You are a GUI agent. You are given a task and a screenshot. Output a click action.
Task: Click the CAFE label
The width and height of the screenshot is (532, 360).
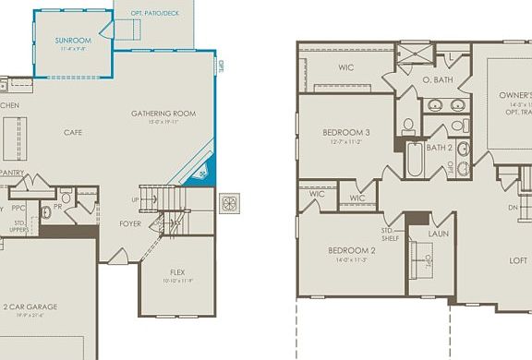click(x=73, y=133)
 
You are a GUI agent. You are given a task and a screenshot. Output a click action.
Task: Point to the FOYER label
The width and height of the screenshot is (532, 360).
click(x=130, y=223)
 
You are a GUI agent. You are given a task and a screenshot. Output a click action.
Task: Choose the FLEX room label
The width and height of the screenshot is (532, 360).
click(x=177, y=271)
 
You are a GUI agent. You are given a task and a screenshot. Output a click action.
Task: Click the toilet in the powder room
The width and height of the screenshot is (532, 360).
click(x=66, y=198)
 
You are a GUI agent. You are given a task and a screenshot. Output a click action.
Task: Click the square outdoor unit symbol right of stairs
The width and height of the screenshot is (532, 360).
click(x=229, y=203)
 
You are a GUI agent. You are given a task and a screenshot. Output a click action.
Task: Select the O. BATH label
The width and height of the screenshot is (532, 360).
click(x=437, y=81)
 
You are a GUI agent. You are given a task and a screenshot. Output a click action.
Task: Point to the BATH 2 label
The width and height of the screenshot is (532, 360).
click(x=440, y=148)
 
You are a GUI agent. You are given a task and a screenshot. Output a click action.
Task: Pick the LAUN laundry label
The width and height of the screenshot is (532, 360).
click(x=438, y=234)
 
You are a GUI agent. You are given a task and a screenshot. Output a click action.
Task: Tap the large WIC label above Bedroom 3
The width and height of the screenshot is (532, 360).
click(x=346, y=67)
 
